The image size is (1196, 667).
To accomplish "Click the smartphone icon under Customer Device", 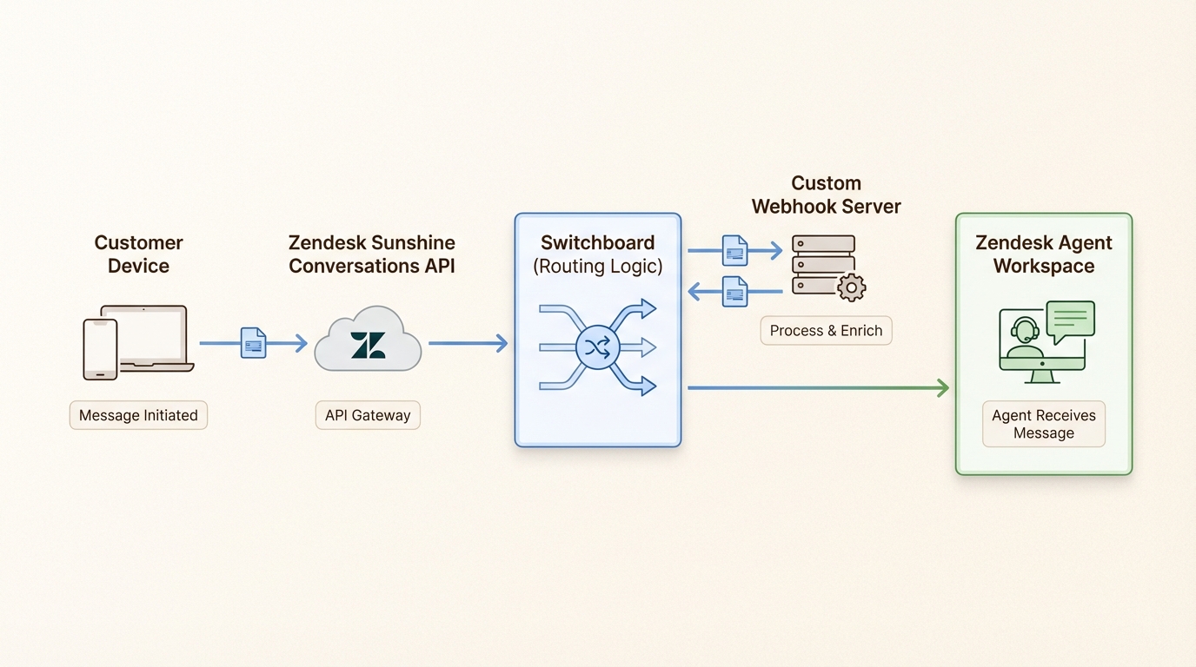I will tap(100, 349).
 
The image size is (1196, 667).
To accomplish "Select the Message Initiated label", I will tap(138, 415).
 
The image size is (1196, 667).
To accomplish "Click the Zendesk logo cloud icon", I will tap(368, 341).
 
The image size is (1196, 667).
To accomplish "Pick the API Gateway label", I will tap(368, 415).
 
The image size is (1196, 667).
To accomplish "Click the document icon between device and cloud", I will tap(253, 343).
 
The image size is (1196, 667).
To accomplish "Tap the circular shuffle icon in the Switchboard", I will tap(597, 348).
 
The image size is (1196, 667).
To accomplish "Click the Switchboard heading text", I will tap(597, 242).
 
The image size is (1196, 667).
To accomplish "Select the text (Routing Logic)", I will tap(597, 267).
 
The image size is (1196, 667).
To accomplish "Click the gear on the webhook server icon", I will tap(850, 287).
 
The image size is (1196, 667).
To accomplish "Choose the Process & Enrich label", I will tap(826, 331).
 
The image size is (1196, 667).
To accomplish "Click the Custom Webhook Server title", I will tap(826, 195).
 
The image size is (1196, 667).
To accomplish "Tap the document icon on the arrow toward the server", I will tap(735, 251).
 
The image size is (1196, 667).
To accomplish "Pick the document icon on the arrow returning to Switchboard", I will tap(735, 292).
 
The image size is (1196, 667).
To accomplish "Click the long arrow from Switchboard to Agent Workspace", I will tap(817, 387).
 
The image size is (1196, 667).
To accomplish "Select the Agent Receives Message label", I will tap(1044, 424).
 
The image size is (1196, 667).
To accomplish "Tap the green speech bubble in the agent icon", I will tap(1070, 320).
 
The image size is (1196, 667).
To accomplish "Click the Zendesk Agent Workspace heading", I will tap(1044, 254).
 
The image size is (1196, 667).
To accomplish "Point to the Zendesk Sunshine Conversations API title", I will tap(372, 254).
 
